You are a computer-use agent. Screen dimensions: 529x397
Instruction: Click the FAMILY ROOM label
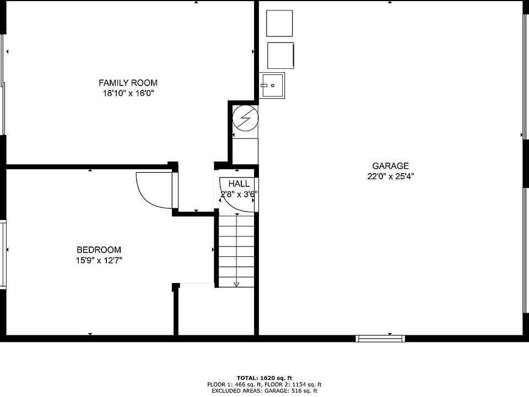coord(128,83)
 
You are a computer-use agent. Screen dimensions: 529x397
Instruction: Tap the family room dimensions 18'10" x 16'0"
coord(128,93)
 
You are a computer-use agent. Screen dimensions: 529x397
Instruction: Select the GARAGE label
coord(390,166)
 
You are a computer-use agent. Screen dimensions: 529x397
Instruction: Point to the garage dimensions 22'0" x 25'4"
coord(390,176)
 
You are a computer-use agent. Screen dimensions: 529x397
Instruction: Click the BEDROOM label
coord(99,250)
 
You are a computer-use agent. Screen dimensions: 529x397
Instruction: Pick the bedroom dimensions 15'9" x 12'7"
coord(99,260)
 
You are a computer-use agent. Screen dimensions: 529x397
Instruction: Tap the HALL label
coord(239,184)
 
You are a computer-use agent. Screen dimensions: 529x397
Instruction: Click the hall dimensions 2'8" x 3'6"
coord(239,194)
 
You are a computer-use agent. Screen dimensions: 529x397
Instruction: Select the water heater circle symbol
coord(245,118)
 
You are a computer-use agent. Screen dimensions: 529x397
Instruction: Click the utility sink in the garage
coord(272,85)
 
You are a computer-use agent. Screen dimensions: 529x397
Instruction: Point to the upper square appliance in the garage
coord(279,23)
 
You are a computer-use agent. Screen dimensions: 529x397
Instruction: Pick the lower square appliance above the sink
coord(280,55)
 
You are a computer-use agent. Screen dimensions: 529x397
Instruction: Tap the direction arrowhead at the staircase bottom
coord(236,285)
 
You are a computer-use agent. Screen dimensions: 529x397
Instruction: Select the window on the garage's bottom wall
coord(380,338)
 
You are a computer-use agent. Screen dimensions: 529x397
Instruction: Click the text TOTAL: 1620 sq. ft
coord(264,378)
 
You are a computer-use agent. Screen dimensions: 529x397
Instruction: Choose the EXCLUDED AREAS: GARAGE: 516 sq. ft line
coord(264,391)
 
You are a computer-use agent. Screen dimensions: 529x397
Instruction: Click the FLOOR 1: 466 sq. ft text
coord(235,384)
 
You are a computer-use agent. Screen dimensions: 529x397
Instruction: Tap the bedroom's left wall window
coord(3,254)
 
